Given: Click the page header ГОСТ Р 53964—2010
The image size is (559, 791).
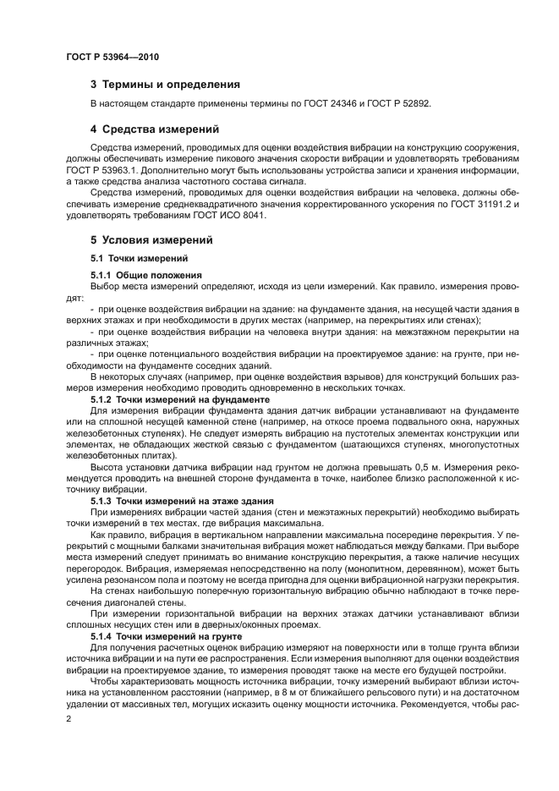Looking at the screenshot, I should [112, 56].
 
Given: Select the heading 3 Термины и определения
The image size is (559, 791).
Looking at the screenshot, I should [165, 85].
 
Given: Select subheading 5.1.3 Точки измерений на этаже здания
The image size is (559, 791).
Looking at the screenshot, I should [182, 501].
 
